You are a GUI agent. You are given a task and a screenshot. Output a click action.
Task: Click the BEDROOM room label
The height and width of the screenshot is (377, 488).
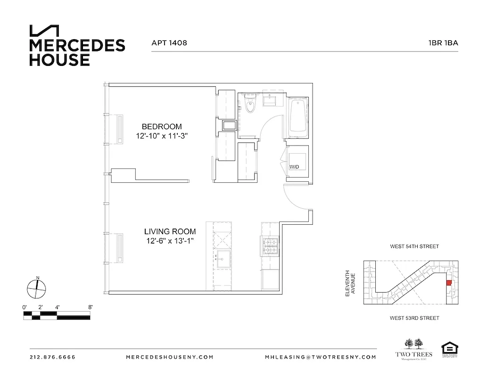coord(162,126)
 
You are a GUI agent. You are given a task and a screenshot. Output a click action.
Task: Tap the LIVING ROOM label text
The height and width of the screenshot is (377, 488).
coord(170,231)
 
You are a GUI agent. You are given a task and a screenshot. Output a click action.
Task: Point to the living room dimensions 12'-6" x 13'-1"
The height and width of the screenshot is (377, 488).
coord(170,241)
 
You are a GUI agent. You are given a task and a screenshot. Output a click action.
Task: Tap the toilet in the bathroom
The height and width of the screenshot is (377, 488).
coord(250,106)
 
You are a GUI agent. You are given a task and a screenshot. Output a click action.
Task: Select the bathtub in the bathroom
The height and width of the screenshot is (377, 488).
coord(298,115)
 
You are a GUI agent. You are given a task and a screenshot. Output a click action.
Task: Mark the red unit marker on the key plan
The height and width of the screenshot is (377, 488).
coord(448,282)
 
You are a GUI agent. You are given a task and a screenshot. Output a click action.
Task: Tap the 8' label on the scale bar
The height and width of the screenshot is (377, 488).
coord(90,307)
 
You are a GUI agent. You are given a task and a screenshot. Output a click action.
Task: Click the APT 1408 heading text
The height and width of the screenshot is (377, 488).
coord(169,42)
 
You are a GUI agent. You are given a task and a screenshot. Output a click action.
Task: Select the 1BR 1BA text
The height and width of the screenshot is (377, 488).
coord(443,42)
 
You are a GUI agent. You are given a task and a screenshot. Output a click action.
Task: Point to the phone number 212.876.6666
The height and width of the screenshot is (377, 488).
coord(52,357)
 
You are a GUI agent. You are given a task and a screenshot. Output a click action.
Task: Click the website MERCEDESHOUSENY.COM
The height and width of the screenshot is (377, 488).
coord(170,357)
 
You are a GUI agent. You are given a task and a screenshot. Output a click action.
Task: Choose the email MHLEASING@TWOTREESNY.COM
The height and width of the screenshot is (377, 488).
coord(321,357)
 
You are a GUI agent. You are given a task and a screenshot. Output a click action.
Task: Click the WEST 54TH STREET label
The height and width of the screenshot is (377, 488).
coord(414,246)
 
